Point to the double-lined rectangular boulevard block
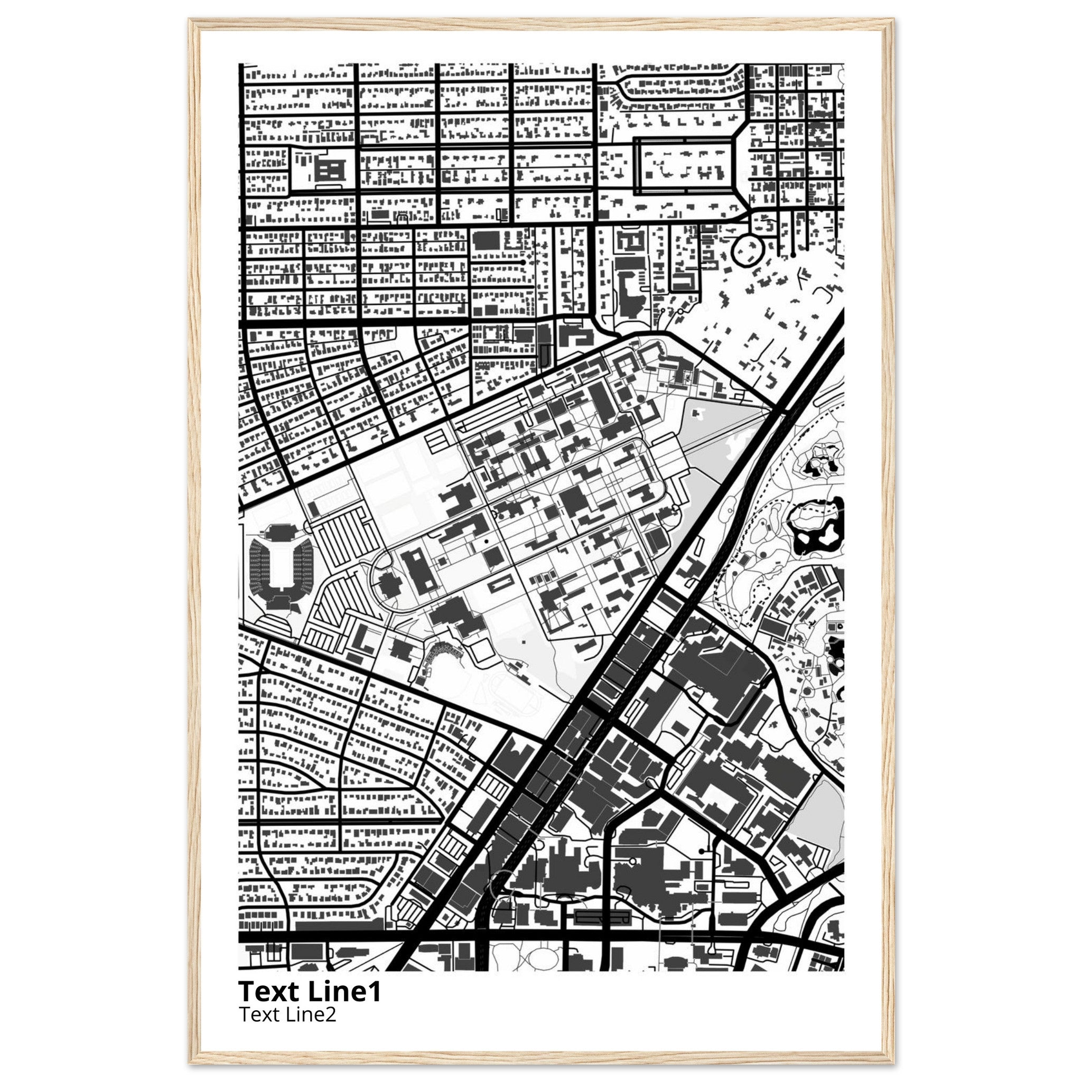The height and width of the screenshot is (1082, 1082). (684, 167)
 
